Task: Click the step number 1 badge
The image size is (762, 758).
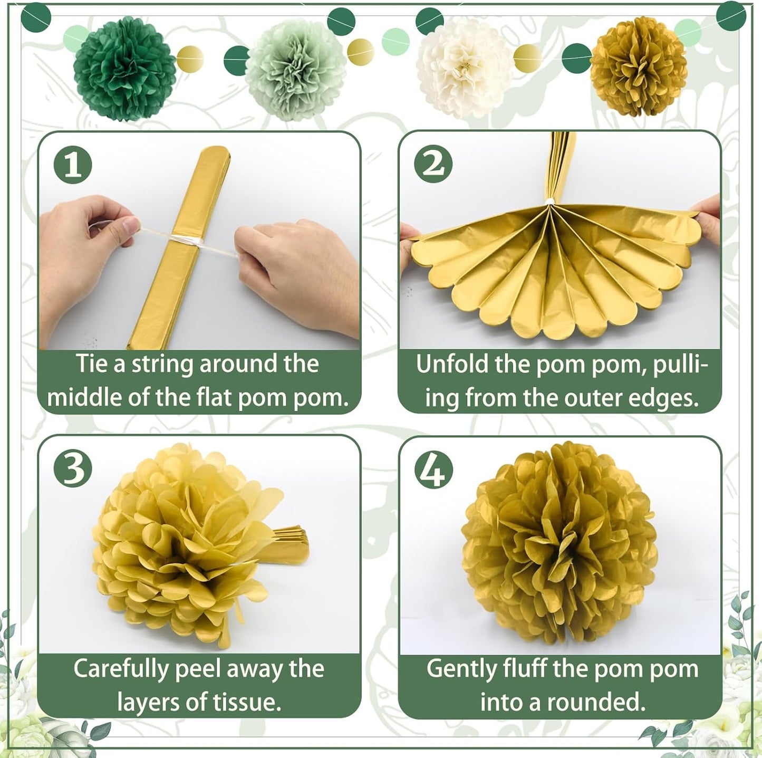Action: point(73,165)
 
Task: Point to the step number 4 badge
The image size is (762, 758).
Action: point(433,469)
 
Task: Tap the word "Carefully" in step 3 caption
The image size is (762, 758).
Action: point(120,669)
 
